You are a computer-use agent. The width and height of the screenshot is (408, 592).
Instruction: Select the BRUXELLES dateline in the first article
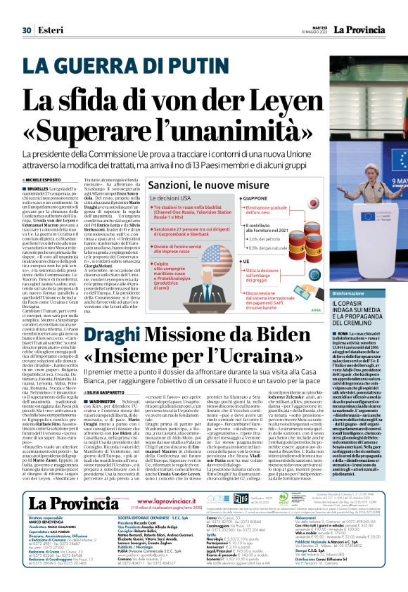39,189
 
